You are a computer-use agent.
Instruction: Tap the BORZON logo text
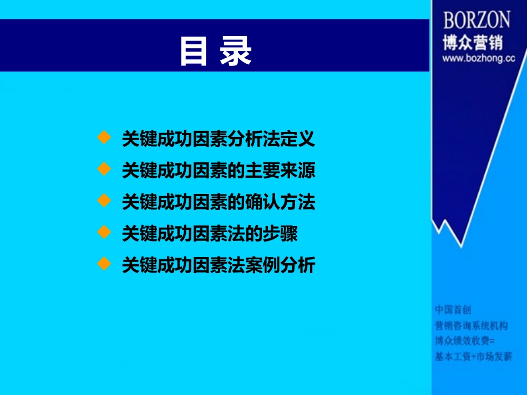[476, 20]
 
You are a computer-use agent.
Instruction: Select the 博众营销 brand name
[472, 42]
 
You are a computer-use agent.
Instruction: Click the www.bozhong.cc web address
[478, 58]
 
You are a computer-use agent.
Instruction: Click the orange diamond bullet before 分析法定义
[104, 137]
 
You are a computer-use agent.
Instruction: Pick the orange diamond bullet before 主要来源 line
[104, 169]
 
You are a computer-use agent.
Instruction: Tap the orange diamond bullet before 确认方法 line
[104, 201]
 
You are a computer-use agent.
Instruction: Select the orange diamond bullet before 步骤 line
[104, 232]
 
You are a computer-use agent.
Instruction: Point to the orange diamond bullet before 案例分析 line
[104, 264]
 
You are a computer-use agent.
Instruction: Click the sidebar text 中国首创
[453, 309]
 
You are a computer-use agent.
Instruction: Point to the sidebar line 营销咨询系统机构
[471, 325]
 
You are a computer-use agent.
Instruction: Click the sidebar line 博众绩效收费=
[464, 341]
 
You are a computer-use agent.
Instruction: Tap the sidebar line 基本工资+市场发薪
[473, 356]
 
